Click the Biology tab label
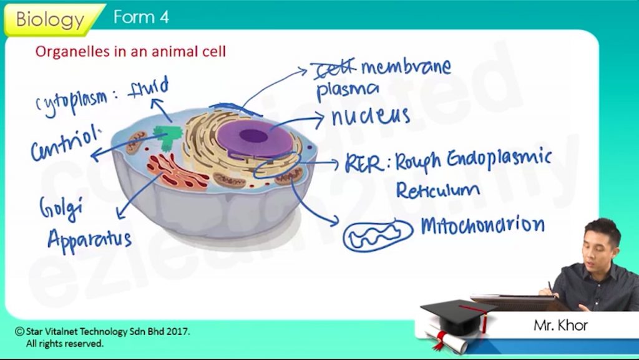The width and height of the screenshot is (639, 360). pos(49,19)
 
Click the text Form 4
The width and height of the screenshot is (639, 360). pos(141,17)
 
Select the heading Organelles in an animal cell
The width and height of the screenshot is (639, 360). pos(130,52)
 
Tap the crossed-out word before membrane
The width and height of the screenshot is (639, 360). pos(334,67)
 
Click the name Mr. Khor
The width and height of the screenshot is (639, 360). pos(560,325)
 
